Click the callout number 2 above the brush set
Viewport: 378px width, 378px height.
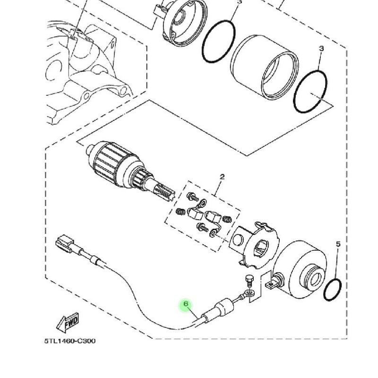pos(222,178)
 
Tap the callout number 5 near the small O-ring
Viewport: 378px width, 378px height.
pos(338,244)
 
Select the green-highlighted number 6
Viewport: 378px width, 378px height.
pos(186,303)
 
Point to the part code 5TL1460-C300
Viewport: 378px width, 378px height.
pos(70,341)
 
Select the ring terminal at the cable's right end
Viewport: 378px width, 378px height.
pos(249,295)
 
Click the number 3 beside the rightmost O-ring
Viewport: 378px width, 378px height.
pos(321,49)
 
